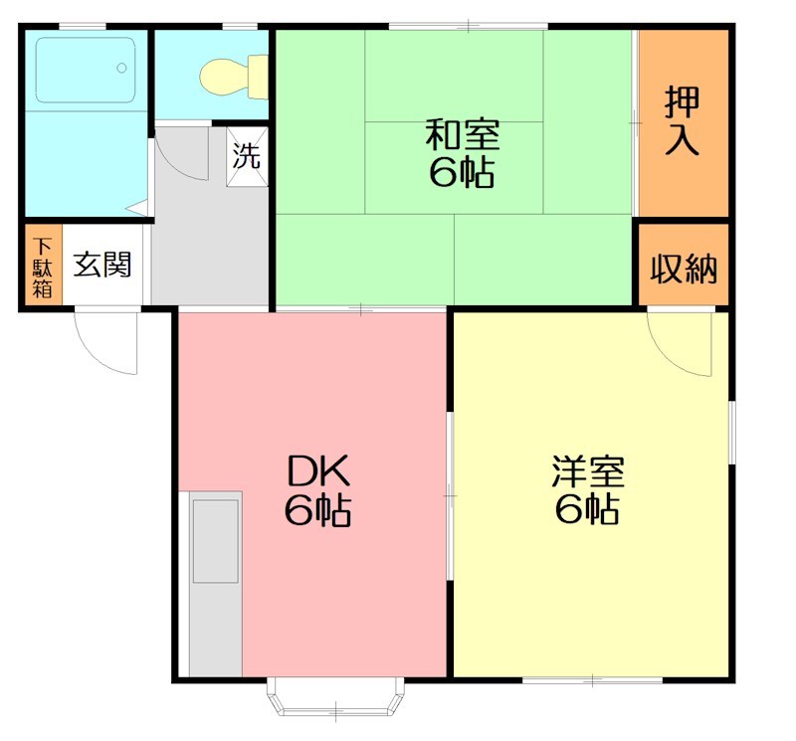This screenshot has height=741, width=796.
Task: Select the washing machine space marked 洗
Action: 248,155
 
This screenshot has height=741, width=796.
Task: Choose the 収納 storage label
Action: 684,268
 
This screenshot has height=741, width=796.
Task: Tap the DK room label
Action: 317,467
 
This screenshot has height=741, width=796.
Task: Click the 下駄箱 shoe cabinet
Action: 43,267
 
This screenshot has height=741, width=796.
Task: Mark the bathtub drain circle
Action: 121,69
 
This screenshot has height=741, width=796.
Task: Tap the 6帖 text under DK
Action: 317,509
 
